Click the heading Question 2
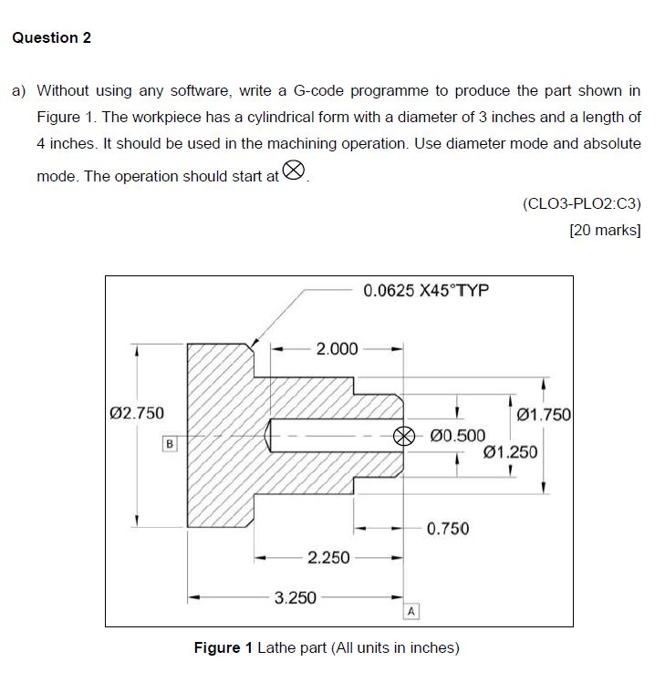[x=51, y=37]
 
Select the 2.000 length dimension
[x=336, y=348]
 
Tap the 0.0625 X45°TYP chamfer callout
[x=426, y=291]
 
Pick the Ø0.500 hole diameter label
[x=457, y=435]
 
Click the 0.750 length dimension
[x=448, y=528]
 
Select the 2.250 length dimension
[x=328, y=557]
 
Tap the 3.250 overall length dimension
[x=296, y=598]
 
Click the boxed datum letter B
[x=168, y=444]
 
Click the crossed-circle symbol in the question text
[x=293, y=171]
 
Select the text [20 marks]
[x=605, y=230]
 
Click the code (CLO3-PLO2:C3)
[x=582, y=203]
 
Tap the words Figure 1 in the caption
[x=223, y=648]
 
